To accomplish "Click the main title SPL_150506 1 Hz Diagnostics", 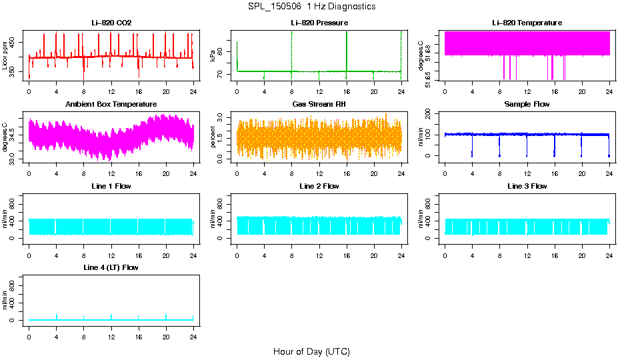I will point(311,7).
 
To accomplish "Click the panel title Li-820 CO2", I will point(111,23).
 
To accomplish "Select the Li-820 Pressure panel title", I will point(319,23).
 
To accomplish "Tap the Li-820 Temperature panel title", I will point(527,23).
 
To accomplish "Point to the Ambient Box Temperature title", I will point(111,105).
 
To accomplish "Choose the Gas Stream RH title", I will point(319,105).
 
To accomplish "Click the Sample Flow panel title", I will point(527,105).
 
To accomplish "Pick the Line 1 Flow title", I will point(111,186).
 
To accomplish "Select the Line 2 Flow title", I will point(319,186).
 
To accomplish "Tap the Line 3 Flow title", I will point(527,186).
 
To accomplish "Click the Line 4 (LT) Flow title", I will point(111,267).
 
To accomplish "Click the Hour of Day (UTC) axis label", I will point(311,351).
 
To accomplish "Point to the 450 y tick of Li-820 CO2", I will point(16,42).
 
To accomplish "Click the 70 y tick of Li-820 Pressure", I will point(224,75).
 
